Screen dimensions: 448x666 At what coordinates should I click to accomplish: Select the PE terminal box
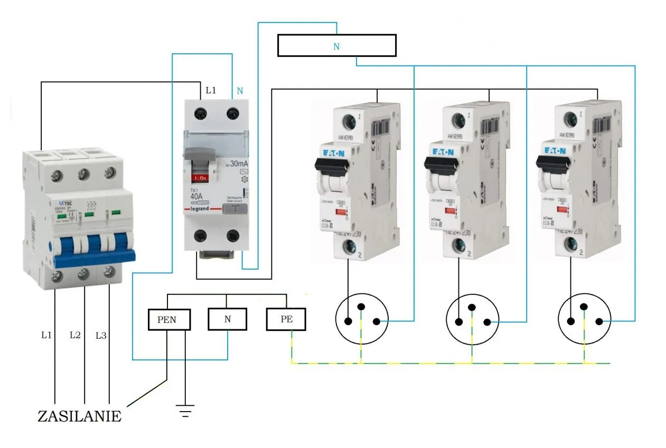click(x=286, y=319)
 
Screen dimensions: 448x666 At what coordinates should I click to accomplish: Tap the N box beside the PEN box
click(x=227, y=319)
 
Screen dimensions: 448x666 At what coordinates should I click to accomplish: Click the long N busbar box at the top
click(x=336, y=46)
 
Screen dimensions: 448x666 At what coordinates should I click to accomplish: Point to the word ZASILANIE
click(x=79, y=416)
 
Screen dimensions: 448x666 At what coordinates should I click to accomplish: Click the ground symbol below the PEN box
click(x=185, y=410)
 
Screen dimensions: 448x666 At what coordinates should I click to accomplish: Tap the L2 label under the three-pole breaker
click(x=76, y=335)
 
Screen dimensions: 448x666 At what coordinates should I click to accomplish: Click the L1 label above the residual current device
click(x=211, y=91)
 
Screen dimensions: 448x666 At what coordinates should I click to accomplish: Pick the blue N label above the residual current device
click(x=240, y=91)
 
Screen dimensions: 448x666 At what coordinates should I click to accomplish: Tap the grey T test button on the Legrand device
click(x=234, y=209)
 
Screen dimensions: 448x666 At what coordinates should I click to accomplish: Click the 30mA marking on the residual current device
click(x=236, y=164)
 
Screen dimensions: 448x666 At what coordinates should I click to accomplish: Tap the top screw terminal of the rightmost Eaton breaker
click(x=569, y=120)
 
